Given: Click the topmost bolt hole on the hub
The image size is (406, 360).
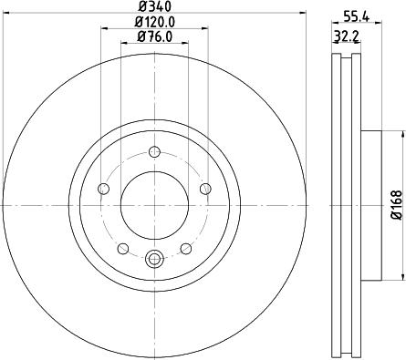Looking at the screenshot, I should point(153,152).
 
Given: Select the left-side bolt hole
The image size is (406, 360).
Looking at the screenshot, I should point(102,189).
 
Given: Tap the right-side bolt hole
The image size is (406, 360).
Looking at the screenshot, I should point(204,189).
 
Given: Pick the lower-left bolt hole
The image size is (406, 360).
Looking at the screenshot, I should point(121,248).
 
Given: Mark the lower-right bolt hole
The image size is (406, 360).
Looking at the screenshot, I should point(185,248).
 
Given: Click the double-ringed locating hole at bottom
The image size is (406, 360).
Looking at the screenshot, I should point(153,260).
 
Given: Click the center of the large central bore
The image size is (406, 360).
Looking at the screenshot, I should point(153,206).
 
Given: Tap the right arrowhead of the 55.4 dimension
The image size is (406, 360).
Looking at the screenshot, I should point(375,29).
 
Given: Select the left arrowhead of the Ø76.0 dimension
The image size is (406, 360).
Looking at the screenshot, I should point(122,45).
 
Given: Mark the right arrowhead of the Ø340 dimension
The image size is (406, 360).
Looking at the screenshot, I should point(304,15).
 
